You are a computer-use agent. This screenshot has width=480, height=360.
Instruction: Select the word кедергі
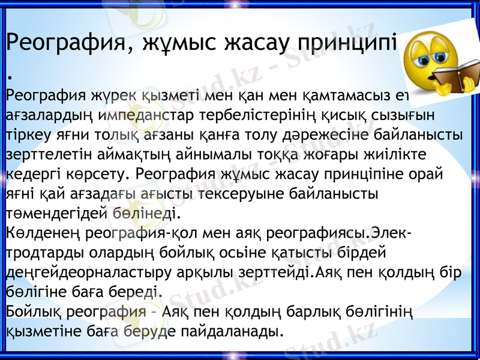click(x=28, y=174)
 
